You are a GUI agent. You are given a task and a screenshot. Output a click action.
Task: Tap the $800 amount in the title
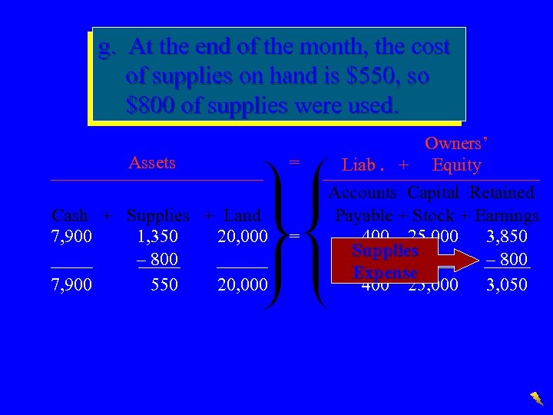coord(150,105)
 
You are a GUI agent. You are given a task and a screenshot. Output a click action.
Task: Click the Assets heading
coord(152,163)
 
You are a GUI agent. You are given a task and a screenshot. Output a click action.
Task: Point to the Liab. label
coord(363,165)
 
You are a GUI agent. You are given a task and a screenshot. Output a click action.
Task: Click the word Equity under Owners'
coord(457,165)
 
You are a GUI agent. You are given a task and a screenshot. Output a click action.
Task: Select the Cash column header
coord(69,215)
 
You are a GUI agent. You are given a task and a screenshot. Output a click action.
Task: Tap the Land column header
coord(242,215)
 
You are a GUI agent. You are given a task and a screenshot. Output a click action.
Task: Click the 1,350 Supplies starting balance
coord(158,236)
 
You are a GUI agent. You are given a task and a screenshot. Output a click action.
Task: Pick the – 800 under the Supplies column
coord(157,260)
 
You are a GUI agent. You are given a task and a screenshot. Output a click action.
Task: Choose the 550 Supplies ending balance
coord(164,284)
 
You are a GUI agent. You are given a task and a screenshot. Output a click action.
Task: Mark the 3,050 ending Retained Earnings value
coord(506,284)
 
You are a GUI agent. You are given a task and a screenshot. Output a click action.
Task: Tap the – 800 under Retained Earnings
coord(508,260)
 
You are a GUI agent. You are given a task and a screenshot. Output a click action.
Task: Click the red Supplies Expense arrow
coord(407,261)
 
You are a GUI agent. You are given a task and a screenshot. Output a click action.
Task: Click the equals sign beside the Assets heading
coord(293,163)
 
